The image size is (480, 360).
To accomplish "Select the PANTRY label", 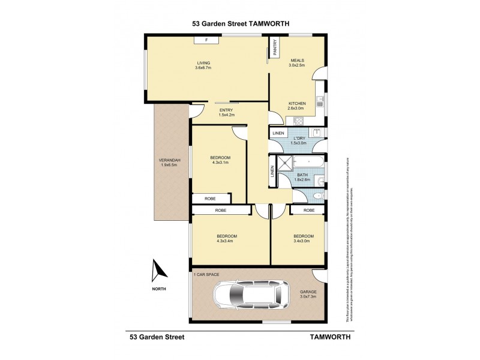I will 275,47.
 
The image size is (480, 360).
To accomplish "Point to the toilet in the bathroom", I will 318,195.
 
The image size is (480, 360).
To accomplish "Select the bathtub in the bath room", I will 308,163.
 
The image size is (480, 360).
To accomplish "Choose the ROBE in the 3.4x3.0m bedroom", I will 308,211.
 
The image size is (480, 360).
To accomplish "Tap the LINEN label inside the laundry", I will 277,133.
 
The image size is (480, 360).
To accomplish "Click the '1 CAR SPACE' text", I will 206,274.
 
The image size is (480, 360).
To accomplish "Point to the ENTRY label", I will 226,110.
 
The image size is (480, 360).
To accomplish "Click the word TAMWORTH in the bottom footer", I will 329,337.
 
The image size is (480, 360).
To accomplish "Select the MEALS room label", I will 298,60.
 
